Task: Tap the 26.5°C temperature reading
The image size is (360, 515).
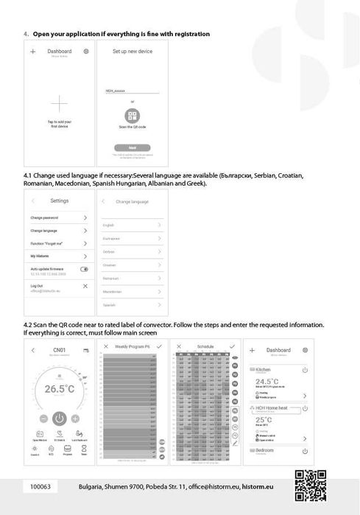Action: tap(60, 388)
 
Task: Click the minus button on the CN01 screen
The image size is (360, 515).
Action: tap(43, 418)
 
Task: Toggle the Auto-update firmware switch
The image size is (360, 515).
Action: tap(85, 270)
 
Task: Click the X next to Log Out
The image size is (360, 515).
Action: tap(85, 285)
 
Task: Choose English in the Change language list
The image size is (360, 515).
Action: tap(108, 225)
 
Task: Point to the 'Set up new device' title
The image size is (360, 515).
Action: tap(133, 52)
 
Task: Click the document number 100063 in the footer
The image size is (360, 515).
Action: tap(40, 487)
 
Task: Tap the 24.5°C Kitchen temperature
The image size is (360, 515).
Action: tap(267, 382)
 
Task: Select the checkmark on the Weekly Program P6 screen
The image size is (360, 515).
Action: tap(160, 346)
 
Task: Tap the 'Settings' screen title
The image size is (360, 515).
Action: tap(60, 201)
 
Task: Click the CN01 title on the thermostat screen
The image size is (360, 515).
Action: tap(60, 351)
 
